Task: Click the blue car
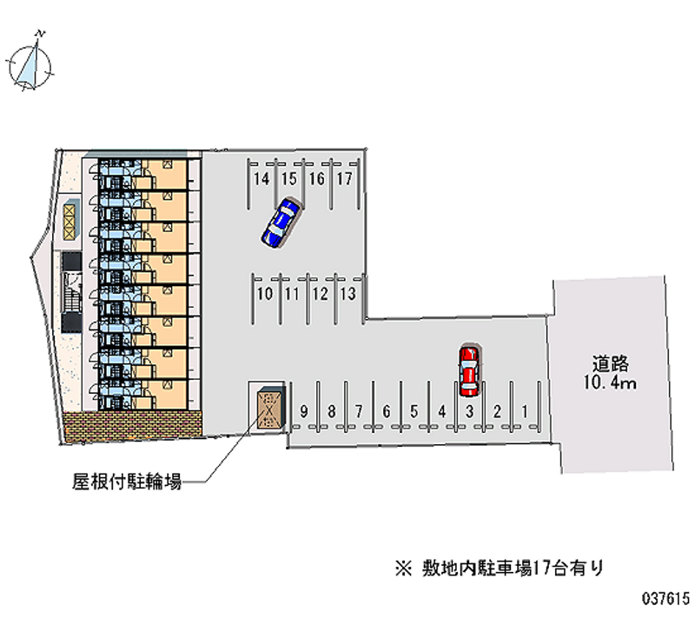tap(281, 223)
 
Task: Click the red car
tap(469, 371)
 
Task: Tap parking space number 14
tap(261, 179)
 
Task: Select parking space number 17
tap(344, 179)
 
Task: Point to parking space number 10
tap(265, 294)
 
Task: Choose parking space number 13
tap(348, 294)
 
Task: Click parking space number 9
tap(303, 411)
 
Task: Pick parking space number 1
tap(525, 411)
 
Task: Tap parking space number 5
tap(414, 411)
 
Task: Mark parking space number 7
tap(359, 411)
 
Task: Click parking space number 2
tap(497, 411)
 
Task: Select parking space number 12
tap(320, 294)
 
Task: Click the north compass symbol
tap(30, 63)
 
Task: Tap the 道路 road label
tap(611, 364)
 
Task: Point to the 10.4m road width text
tap(610, 383)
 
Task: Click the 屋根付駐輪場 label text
tap(127, 482)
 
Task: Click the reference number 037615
tap(666, 599)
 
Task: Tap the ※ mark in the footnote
tap(404, 569)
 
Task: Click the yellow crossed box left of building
tap(69, 222)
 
